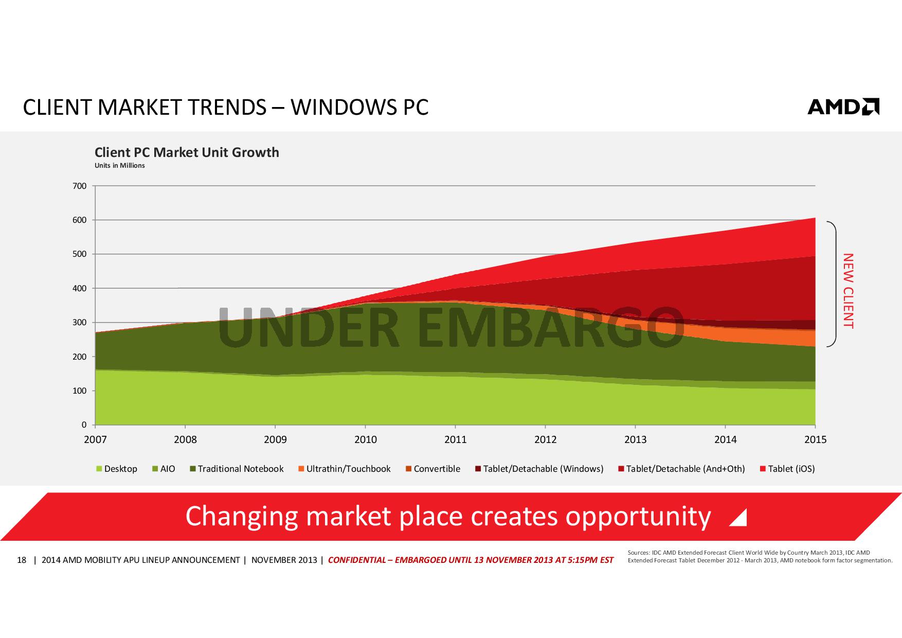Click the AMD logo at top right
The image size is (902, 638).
click(843, 107)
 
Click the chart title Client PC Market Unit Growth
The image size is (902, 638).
click(187, 152)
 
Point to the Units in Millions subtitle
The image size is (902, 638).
click(119, 166)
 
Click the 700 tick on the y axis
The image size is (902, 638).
click(80, 186)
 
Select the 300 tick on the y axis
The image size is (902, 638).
click(80, 323)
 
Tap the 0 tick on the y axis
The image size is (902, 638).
click(84, 425)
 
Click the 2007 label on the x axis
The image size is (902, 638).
click(95, 439)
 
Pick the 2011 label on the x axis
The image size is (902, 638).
click(455, 439)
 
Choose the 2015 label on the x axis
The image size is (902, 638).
click(815, 439)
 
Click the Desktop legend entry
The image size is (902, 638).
click(117, 469)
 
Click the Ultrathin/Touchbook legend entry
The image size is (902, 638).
click(344, 469)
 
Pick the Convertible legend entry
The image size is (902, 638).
click(433, 469)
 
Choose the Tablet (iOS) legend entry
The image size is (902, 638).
click(787, 469)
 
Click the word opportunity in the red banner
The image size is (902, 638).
click(638, 517)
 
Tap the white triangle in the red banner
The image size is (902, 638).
click(739, 518)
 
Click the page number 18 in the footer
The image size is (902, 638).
click(22, 560)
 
